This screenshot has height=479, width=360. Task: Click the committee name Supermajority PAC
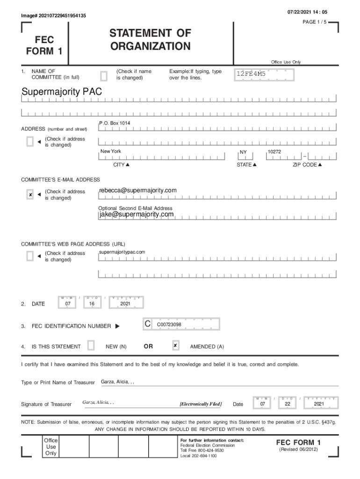(x=61, y=92)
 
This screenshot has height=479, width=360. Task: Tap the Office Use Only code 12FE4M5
(x=251, y=74)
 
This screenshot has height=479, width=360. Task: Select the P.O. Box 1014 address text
(x=115, y=123)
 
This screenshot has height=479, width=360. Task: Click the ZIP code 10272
(x=274, y=152)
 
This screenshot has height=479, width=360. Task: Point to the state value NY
(x=243, y=152)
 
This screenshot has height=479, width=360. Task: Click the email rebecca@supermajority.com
(x=138, y=190)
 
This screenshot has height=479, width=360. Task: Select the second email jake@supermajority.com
(x=137, y=214)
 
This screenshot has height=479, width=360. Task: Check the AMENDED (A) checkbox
(x=175, y=346)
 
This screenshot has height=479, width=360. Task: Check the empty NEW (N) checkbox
(x=91, y=346)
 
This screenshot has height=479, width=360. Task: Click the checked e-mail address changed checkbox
(x=30, y=195)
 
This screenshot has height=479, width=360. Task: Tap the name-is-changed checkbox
(x=104, y=75)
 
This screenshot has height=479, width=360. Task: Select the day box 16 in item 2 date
(x=92, y=304)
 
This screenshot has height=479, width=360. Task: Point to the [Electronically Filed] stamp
(x=201, y=404)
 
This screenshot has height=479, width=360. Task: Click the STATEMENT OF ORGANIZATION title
(x=150, y=40)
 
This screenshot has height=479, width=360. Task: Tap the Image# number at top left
(x=53, y=16)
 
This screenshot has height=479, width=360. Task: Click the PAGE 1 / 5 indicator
(x=316, y=22)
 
